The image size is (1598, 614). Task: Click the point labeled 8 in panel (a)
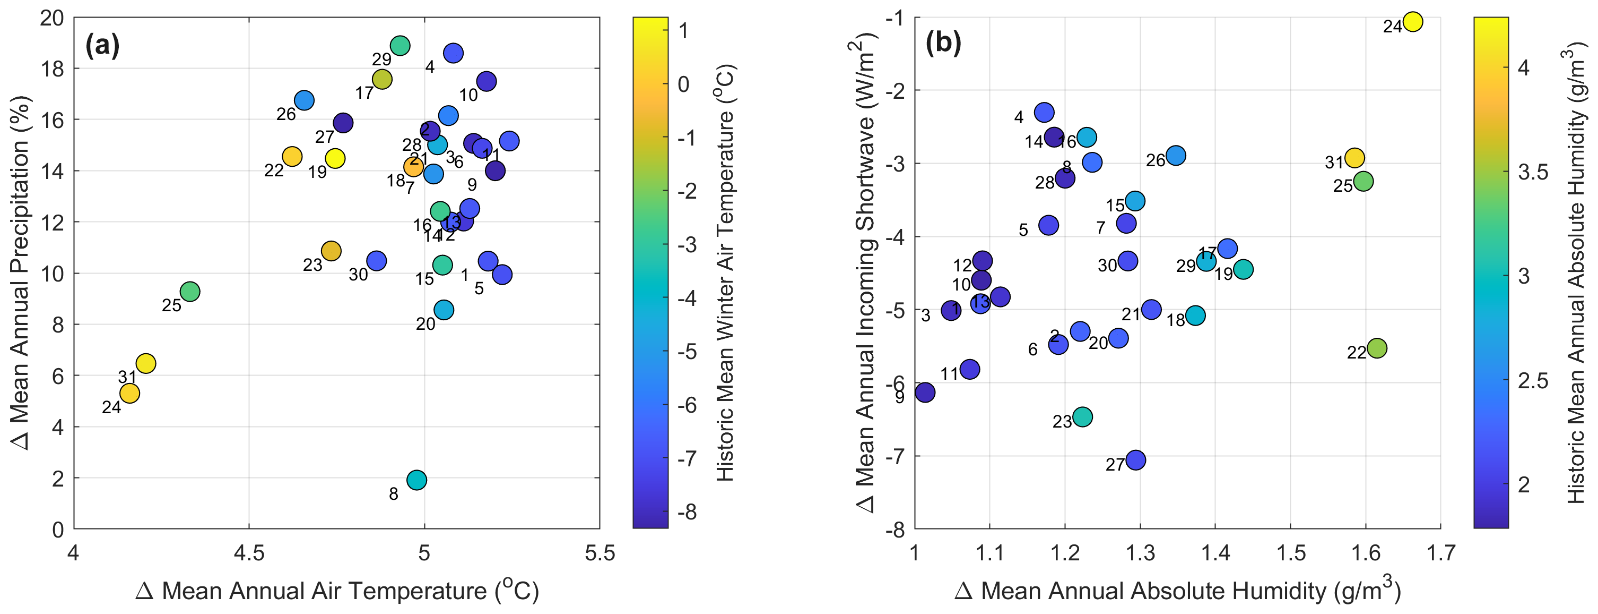(x=417, y=480)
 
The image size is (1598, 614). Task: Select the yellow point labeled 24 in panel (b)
(x=1412, y=22)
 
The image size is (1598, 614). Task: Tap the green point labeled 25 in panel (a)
(x=190, y=291)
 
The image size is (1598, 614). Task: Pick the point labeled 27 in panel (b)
(x=1135, y=460)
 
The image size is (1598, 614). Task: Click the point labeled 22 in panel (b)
(x=1377, y=348)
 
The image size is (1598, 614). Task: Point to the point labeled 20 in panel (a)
(x=444, y=310)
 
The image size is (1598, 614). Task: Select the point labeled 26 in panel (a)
(x=304, y=100)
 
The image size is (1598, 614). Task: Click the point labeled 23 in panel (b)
(x=1082, y=416)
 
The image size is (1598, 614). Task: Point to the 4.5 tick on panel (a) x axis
(x=249, y=552)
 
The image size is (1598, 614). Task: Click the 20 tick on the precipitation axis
(x=52, y=18)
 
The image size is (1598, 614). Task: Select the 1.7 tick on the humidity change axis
(x=1440, y=552)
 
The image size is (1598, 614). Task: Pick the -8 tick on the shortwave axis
(x=894, y=530)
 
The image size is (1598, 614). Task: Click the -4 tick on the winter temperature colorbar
(x=687, y=298)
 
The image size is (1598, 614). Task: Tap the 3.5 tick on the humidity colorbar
(x=1533, y=172)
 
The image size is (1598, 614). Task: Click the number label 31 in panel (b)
(x=1334, y=163)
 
